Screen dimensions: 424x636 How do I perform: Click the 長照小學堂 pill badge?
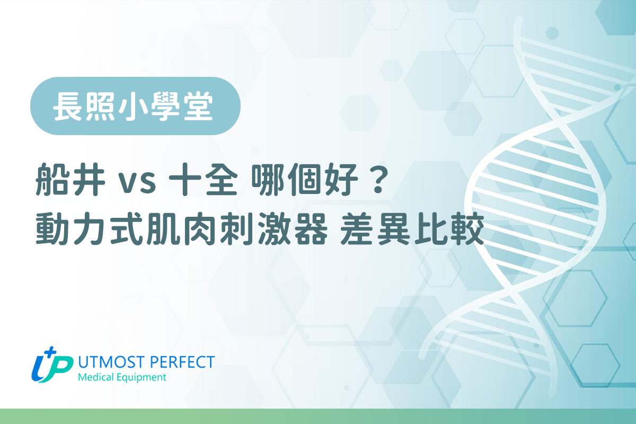click(135, 106)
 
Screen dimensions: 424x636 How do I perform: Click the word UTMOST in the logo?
click(111, 363)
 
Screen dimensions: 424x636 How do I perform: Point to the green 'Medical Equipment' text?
click(122, 377)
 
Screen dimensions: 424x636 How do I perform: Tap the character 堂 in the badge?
click(203, 106)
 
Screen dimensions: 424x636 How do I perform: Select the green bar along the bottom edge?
click(318, 417)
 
